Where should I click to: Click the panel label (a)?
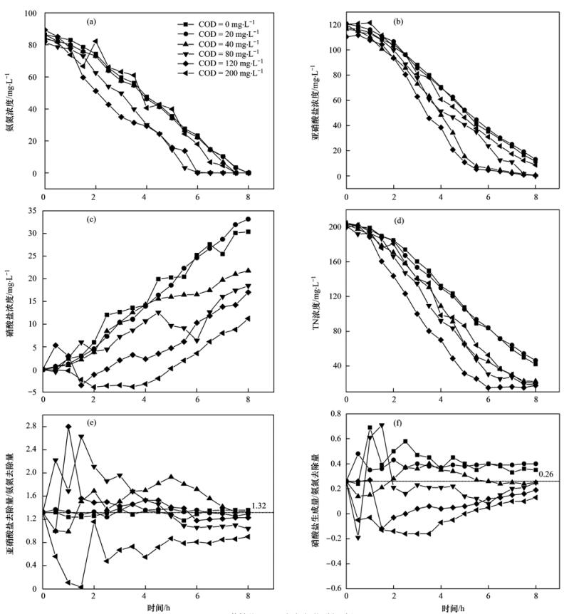click(x=91, y=21)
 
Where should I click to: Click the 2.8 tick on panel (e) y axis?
click(x=31, y=426)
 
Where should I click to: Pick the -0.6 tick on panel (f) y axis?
click(x=329, y=588)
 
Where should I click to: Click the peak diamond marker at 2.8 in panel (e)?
click(x=69, y=426)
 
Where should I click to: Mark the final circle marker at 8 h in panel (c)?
click(x=248, y=219)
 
